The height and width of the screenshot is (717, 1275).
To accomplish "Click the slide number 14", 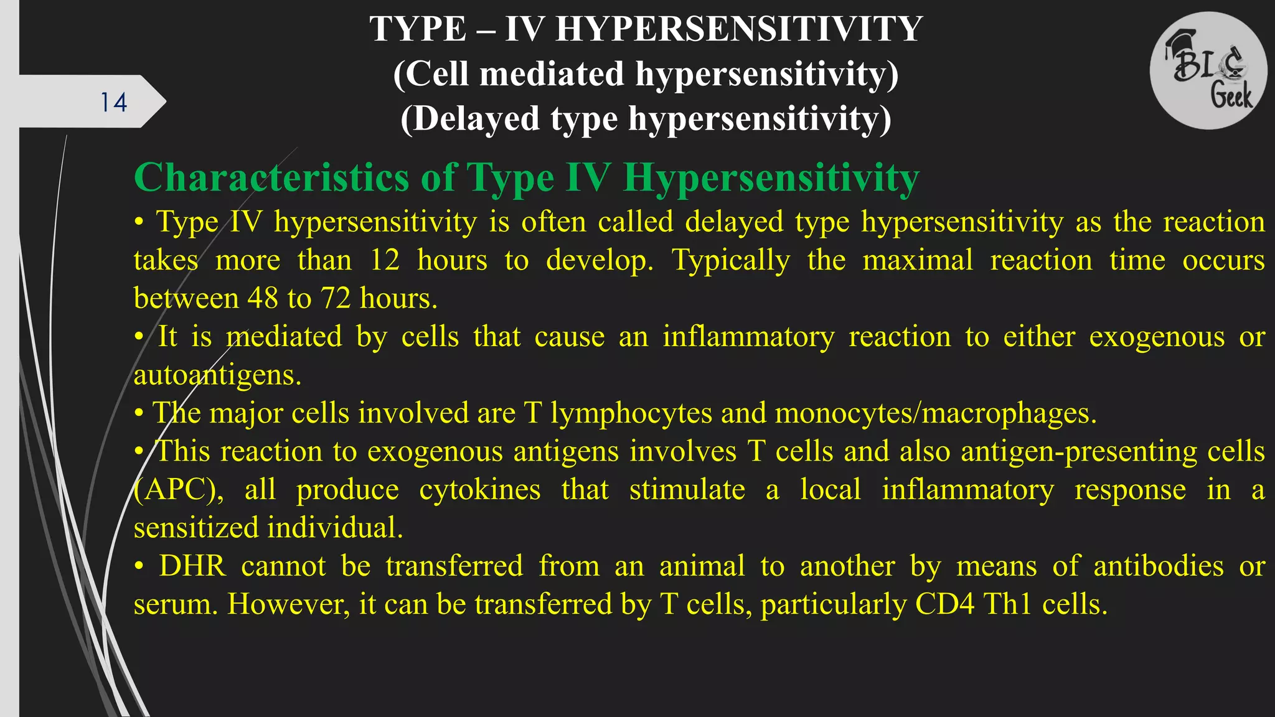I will pos(114,103).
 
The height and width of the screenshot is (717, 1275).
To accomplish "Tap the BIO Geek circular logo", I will pos(1208,70).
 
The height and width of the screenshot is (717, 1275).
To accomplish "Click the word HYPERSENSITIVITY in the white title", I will pos(739,29).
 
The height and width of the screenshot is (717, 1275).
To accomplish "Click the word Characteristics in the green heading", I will pos(271,178).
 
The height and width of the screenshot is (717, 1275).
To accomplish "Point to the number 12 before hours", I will pos(384,260).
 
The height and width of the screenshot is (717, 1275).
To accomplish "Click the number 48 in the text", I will pos(262,299).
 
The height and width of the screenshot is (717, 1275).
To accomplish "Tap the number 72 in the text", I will pos(336,299).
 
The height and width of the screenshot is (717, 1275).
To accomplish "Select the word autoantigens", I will pos(217,375).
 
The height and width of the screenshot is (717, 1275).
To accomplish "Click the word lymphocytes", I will pos(631,413).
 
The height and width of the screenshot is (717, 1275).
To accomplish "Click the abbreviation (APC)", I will pos(179,490).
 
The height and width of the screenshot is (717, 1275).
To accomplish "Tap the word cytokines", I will pos(479,490).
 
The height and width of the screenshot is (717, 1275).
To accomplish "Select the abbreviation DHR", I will pos(192,566).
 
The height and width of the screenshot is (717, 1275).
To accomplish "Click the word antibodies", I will pos(1158,566).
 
